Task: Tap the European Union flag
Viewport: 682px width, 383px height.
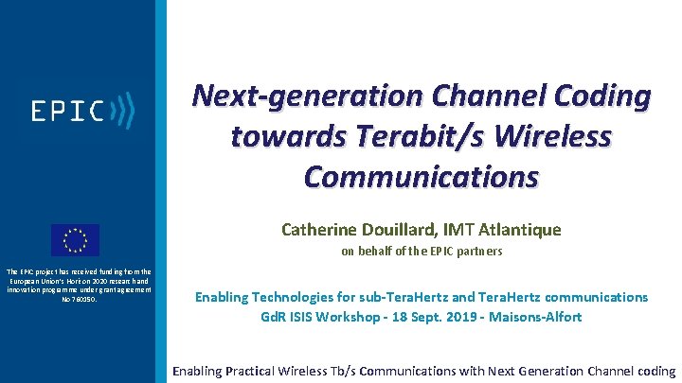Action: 75,240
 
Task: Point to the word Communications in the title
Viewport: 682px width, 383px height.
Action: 422,177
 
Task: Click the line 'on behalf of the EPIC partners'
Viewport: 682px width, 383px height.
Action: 422,252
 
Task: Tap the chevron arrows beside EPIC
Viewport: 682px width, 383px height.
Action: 122,111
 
